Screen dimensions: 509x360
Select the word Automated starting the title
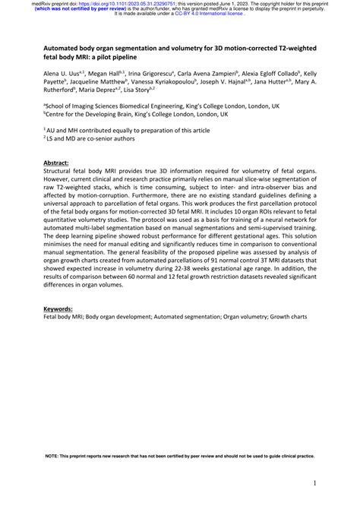(65, 48)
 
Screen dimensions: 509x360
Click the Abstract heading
(60, 162)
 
